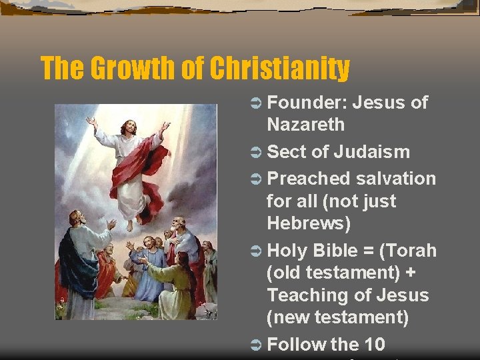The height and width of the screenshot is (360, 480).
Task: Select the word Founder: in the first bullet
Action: point(306,103)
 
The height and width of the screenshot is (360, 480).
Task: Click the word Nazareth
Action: point(306,124)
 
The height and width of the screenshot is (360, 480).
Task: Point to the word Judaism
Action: point(371,152)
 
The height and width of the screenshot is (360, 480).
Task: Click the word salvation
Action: point(396,179)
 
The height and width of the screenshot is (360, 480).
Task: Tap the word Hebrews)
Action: point(308,223)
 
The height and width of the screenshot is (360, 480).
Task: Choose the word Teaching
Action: point(308,295)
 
